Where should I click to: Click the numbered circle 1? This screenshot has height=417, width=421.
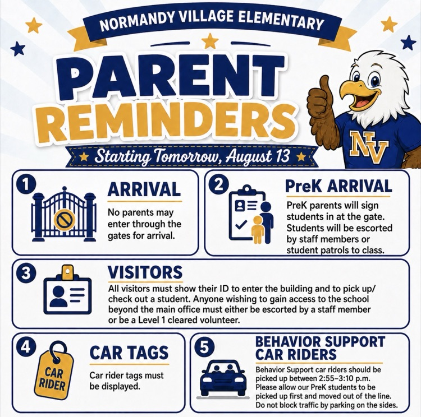click(26, 185)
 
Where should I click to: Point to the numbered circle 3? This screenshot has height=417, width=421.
click(26, 274)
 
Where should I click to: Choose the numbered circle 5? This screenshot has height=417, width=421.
click(204, 347)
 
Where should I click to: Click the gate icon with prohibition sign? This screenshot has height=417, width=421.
click(64, 214)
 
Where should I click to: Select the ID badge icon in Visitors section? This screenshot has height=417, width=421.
click(67, 290)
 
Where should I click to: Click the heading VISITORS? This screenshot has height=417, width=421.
click(145, 272)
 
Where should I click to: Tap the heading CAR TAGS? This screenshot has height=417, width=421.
click(129, 353)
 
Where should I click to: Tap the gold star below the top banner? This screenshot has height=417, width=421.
click(210, 41)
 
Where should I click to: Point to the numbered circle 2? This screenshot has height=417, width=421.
click(219, 185)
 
